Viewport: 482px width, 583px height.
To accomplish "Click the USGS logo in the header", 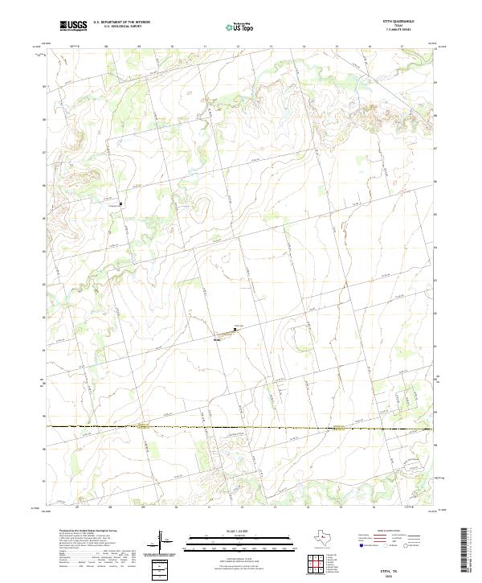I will (x=73, y=26).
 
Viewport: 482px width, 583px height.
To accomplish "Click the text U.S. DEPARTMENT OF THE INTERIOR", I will (x=121, y=22).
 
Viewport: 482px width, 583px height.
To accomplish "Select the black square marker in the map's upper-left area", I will (x=121, y=203).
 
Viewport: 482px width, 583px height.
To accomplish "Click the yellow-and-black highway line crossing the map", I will (x=241, y=427).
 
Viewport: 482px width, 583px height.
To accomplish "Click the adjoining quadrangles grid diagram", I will (x=316, y=562).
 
